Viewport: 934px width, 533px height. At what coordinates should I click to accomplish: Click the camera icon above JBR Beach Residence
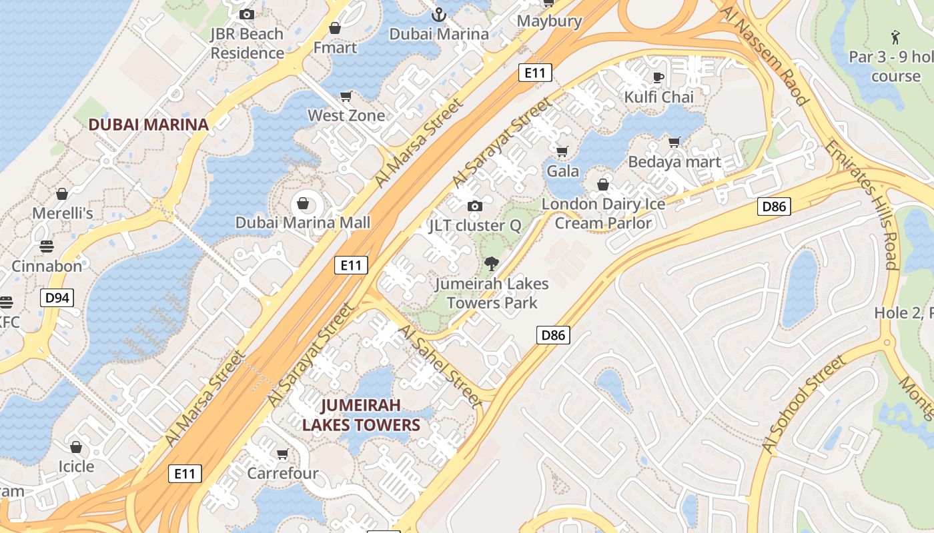247,14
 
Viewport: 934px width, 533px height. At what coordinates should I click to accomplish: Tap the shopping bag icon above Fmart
335,28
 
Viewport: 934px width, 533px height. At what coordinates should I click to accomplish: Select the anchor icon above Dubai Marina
439,14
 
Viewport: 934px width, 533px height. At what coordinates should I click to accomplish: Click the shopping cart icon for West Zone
346,97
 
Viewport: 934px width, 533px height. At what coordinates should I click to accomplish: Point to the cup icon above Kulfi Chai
658,77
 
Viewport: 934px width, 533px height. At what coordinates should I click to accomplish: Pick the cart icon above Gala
562,151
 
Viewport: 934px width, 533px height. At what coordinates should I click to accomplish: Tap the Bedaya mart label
674,162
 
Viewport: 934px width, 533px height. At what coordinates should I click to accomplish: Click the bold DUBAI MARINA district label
149,125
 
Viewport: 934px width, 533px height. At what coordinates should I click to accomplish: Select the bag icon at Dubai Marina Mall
303,203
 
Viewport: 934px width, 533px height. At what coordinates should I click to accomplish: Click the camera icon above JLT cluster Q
474,206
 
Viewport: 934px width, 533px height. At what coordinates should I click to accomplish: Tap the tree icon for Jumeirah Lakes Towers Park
492,264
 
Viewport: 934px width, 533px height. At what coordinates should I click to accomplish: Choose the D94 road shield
57,298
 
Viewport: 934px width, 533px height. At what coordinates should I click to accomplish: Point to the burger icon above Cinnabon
46,247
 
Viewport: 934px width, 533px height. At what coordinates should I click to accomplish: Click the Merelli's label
63,213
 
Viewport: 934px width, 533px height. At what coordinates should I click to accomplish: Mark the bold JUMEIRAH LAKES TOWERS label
361,415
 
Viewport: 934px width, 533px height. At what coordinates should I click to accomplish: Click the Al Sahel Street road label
440,366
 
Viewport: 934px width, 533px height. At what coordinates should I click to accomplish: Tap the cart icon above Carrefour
282,454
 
